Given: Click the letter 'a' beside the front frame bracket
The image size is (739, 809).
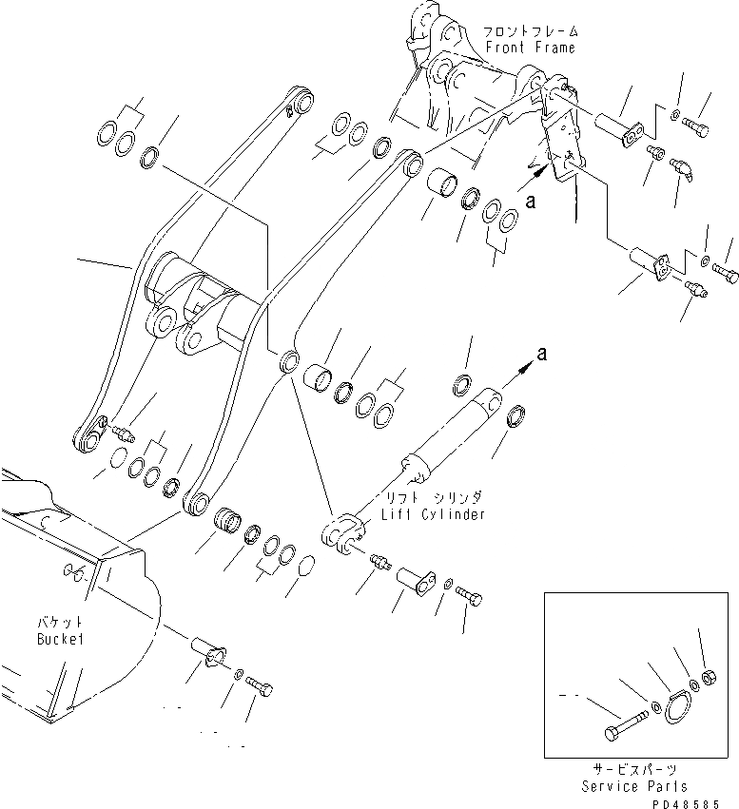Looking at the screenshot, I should (x=532, y=200).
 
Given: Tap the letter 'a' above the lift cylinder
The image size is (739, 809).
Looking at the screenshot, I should (x=542, y=353).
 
